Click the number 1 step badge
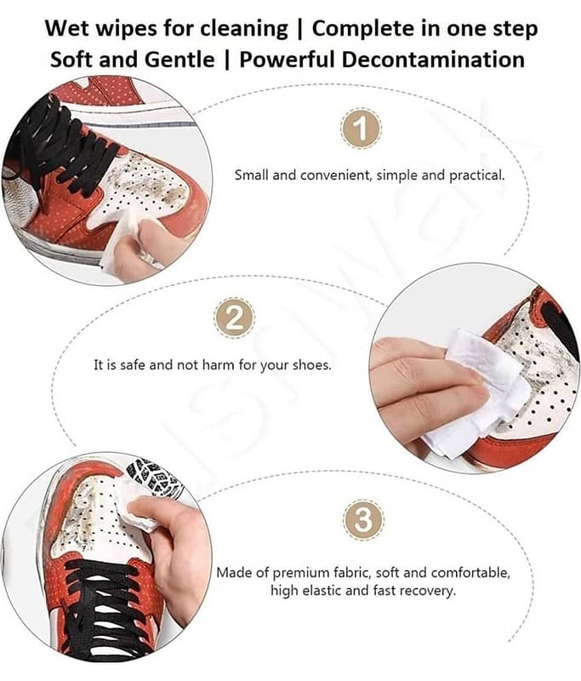pyautogui.click(x=361, y=129)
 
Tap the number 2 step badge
pyautogui.click(x=234, y=318)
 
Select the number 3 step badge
pyautogui.click(x=363, y=519)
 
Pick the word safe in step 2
pyautogui.click(x=132, y=364)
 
